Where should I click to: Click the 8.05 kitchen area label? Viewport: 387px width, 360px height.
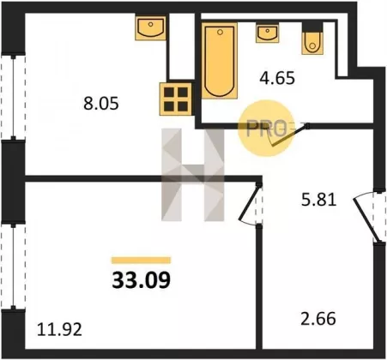(101, 104)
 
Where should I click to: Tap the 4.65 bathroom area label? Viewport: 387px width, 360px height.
(277, 78)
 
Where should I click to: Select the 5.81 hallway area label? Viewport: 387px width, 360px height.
(318, 200)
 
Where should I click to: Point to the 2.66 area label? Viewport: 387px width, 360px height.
(318, 319)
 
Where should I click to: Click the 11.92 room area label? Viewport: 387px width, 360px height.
(59, 329)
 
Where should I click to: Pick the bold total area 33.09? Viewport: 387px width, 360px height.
(142, 280)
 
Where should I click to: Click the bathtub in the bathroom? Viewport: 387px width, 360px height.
(220, 61)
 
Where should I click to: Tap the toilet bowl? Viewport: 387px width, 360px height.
(312, 43)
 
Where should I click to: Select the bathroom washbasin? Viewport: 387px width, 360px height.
(268, 33)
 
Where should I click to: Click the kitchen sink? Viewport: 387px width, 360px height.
(150, 28)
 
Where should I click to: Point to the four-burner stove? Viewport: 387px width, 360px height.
(176, 99)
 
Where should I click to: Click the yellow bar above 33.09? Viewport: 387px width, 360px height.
(141, 261)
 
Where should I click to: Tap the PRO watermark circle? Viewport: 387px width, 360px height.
(266, 129)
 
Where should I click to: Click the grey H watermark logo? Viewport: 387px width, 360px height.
(192, 175)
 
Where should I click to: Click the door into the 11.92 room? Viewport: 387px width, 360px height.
(249, 203)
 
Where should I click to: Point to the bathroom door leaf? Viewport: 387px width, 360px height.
(289, 135)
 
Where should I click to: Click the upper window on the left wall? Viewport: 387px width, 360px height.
(13, 97)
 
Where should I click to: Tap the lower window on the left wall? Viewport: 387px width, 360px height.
(13, 267)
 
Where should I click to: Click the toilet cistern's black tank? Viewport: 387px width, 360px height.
(312, 27)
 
